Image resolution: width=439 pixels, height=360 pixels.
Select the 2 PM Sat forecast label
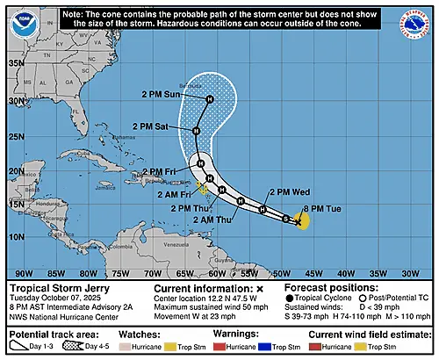165,126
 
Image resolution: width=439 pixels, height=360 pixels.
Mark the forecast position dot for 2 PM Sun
210,99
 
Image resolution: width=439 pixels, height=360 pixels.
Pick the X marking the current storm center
299,223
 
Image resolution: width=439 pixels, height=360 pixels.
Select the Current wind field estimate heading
362,335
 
